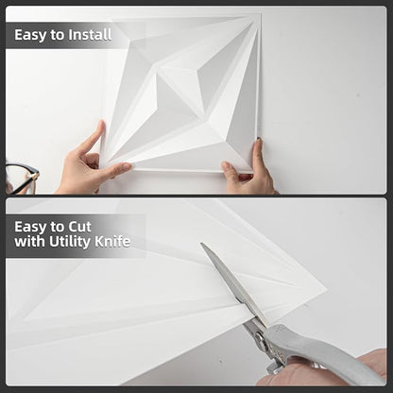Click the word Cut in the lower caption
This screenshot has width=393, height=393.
click(x=80, y=227)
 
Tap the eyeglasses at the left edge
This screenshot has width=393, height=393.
click(x=21, y=178)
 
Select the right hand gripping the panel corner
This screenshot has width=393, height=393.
click(x=248, y=171)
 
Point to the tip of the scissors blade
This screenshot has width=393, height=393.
click(x=201, y=243)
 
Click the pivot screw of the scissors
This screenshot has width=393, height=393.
click(x=259, y=338)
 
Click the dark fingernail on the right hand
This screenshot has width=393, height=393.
click(x=259, y=139)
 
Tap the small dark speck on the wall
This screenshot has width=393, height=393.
click(x=358, y=94)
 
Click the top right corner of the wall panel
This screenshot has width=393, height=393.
click(x=261, y=14)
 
